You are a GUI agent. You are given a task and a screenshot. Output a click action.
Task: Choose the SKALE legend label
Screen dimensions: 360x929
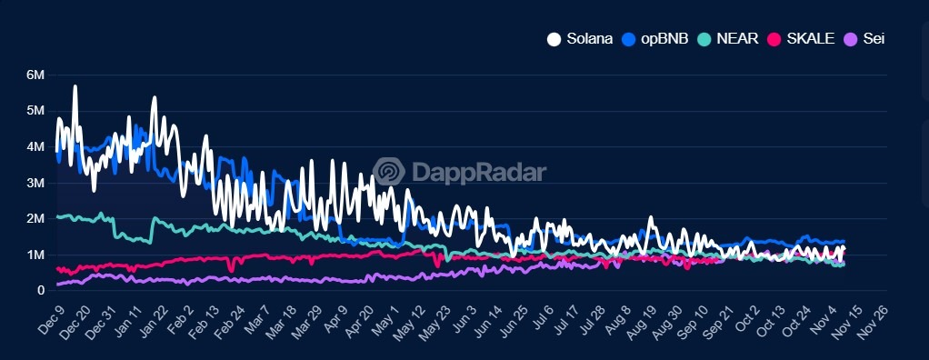(809, 39)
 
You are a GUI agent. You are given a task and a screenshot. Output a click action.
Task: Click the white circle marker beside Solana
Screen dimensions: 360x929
(554, 39)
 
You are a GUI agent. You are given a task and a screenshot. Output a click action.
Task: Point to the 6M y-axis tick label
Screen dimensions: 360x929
(35, 75)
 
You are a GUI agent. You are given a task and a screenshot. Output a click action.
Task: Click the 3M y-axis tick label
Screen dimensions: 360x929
(35, 183)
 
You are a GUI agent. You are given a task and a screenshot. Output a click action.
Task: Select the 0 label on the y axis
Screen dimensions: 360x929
(41, 291)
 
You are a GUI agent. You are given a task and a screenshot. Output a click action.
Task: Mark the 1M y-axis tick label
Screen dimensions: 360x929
(35, 255)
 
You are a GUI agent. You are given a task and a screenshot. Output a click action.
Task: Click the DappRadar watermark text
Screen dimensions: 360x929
(479, 172)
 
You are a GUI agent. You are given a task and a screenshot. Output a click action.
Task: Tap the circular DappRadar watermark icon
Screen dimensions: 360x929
(389, 172)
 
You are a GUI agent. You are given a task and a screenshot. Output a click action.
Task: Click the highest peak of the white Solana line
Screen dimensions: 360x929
(75, 86)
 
